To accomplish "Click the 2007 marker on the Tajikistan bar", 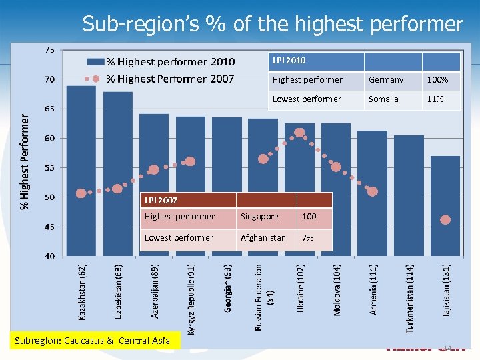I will (x=445, y=219).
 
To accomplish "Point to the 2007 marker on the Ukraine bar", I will (x=299, y=133).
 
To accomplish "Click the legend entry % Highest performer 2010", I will (x=170, y=62).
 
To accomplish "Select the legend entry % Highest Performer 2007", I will (x=170, y=79).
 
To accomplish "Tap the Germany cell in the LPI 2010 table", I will (x=387, y=80).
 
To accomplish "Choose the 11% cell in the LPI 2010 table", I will (x=437, y=99).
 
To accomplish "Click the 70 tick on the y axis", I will (x=50, y=79).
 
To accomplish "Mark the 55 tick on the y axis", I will (x=50, y=168).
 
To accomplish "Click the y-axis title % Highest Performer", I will (x=25, y=160).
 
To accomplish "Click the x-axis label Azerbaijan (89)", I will (x=155, y=291).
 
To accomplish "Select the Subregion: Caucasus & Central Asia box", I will (x=93, y=341).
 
